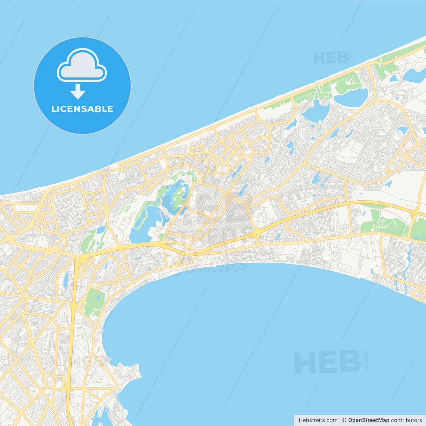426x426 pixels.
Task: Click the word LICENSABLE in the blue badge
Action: point(82,109)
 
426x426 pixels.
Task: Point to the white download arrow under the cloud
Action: point(78,92)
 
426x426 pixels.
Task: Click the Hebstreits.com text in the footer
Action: point(318,420)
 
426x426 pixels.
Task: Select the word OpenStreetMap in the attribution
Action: point(369,420)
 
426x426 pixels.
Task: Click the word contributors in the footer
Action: point(406,420)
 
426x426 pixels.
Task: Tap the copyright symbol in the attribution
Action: point(345,420)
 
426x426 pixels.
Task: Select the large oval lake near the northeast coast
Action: point(351,97)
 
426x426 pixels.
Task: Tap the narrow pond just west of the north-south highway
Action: point(66,280)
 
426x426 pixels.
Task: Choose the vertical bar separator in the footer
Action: point(340,420)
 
